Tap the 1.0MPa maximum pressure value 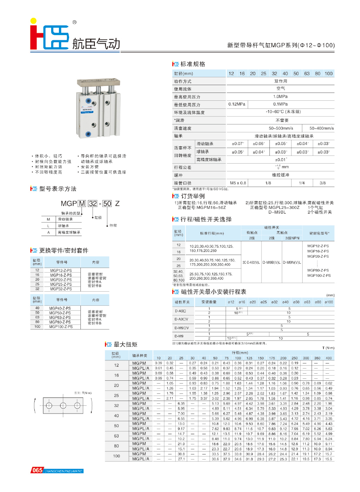pos(280,96)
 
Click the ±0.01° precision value pos(280,159)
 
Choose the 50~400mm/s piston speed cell pos(322,128)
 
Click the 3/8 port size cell pos(323,183)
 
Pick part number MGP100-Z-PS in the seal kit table pos(61,326)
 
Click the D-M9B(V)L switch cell pos(271,262)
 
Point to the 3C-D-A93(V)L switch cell pos(251,262)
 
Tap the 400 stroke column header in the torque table pos(329,358)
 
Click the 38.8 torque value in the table pos(181,454)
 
